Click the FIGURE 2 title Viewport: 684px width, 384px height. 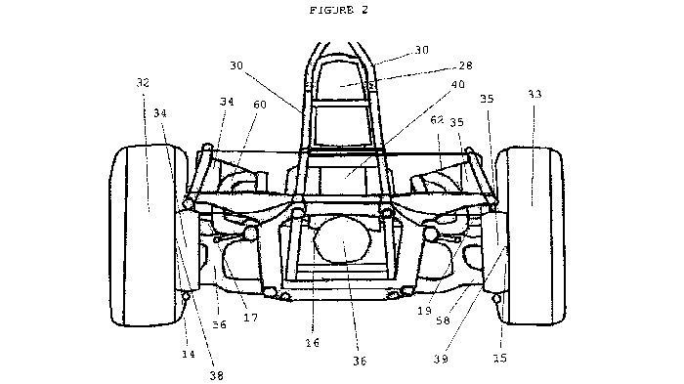tap(339, 10)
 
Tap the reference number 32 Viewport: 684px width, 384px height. tap(143, 82)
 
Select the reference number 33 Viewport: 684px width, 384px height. tap(534, 94)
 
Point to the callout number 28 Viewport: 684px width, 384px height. tap(465, 65)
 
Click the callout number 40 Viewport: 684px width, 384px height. tap(457, 84)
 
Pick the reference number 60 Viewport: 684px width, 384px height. tap(260, 105)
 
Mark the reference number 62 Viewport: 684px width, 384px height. tap(437, 119)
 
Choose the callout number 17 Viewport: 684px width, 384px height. tap(251, 318)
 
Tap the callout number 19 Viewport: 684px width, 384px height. tap(424, 311)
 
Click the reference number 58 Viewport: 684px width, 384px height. tap(443, 320)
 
